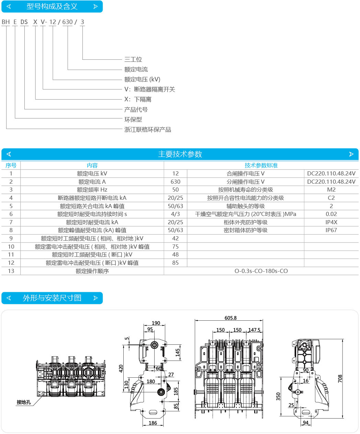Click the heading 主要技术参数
pyautogui.click(x=180, y=154)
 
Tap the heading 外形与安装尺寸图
pyautogui.click(x=52, y=298)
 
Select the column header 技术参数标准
pyautogui.click(x=261, y=165)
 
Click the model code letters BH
pyautogui.click(x=6, y=22)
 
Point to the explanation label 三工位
pyautogui.click(x=133, y=59)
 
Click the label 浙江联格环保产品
pyautogui.click(x=147, y=130)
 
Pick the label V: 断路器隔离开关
pyautogui.click(x=149, y=90)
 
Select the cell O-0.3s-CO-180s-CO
pyautogui.click(x=261, y=271)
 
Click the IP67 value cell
pyautogui.click(x=331, y=230)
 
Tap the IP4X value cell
pyautogui.click(x=331, y=222)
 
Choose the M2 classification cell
pyautogui.click(x=331, y=190)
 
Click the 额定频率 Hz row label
pyautogui.click(x=92, y=190)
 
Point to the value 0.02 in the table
pyautogui.click(x=331, y=214)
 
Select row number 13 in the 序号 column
pyautogui.click(x=11, y=271)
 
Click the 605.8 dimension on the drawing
pyautogui.click(x=230, y=318)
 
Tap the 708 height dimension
pyautogui.click(x=340, y=379)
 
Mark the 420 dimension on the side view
pyautogui.click(x=121, y=368)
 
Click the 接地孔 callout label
pyautogui.click(x=24, y=402)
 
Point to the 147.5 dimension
pyautogui.click(x=254, y=330)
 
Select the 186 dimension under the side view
pyautogui.click(x=153, y=423)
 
